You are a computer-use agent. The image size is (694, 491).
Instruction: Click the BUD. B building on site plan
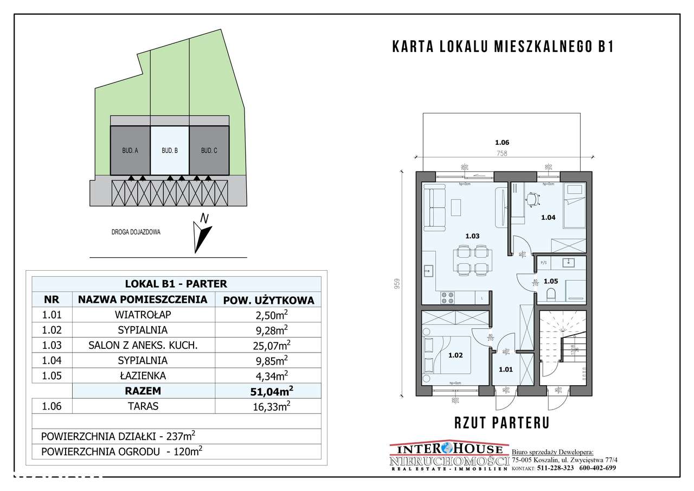(170, 150)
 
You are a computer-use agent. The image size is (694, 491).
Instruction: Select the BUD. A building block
(130, 150)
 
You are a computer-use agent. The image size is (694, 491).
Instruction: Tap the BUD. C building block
(209, 150)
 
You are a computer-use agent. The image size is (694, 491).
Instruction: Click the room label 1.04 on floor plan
(548, 218)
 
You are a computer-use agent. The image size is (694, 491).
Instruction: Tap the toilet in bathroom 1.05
(551, 294)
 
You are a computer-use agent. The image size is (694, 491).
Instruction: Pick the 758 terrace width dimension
(502, 154)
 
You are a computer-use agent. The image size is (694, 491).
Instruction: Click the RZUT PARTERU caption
(502, 423)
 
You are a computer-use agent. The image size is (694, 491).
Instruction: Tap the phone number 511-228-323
(554, 468)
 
